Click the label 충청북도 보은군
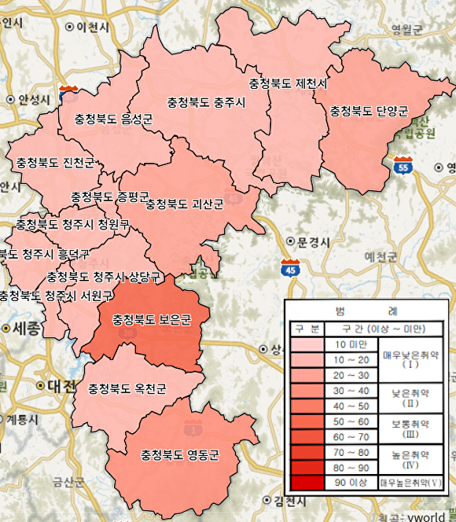[152, 320]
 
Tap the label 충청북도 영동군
[179, 455]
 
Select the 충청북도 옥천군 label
[127, 388]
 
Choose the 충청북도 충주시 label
[207, 103]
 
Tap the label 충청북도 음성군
[113, 119]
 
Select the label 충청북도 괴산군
[185, 204]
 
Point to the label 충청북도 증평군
[110, 196]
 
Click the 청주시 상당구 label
[104, 277]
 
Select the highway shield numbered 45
[290, 269]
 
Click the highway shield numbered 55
[403, 167]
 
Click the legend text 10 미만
[351, 345]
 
